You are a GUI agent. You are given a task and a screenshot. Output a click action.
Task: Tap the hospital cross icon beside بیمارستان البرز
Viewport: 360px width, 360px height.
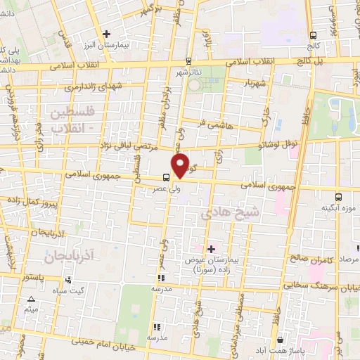(106, 34)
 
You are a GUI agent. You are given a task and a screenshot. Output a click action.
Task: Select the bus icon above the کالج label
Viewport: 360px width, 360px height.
(312, 34)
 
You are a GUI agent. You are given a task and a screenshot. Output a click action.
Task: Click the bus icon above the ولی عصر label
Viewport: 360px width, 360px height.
(166, 177)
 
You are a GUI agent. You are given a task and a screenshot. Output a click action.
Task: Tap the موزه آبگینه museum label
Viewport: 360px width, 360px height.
(335, 208)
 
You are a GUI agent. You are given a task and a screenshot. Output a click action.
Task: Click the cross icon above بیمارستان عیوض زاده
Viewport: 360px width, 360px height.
(211, 249)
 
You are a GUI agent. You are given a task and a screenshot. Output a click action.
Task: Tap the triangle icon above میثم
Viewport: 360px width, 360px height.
(30, 300)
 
